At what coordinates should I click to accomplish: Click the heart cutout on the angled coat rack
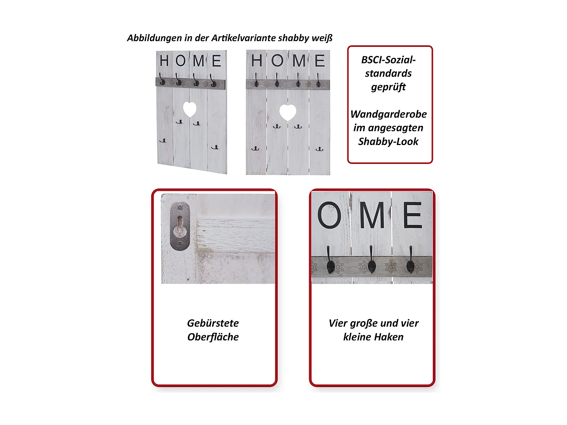[x=190, y=110]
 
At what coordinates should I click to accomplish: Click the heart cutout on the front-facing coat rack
[x=287, y=112]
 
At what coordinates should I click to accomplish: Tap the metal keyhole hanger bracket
[x=180, y=226]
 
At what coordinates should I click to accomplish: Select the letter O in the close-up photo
[x=329, y=215]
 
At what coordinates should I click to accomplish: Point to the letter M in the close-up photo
[x=372, y=215]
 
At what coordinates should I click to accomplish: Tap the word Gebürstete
[x=213, y=323]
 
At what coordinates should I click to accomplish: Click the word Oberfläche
[x=213, y=337]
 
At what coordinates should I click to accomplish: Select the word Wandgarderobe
[x=389, y=114]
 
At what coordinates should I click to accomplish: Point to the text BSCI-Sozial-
[x=389, y=60]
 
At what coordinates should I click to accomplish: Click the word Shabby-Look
[x=389, y=142]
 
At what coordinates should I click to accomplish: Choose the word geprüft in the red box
[x=389, y=87]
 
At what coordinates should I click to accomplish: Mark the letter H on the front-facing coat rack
[x=257, y=61]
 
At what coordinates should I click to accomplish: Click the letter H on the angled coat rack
[x=164, y=61]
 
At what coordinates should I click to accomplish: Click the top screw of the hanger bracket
[x=180, y=208]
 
